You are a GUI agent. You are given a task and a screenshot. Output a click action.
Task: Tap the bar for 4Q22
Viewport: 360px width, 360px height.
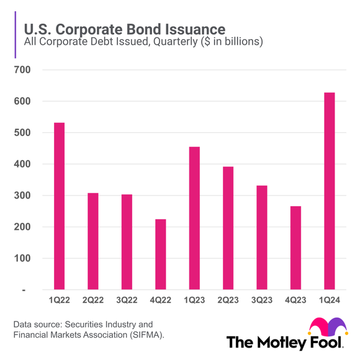pos(160,254)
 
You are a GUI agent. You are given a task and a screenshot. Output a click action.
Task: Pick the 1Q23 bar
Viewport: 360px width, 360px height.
pos(194,218)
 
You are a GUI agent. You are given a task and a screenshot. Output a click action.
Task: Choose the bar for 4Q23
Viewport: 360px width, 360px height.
pos(296,248)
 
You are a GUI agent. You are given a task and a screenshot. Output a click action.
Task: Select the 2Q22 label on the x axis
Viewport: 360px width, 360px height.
pos(92,300)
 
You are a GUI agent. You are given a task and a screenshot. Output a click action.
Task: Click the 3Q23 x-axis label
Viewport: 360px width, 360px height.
pos(262,300)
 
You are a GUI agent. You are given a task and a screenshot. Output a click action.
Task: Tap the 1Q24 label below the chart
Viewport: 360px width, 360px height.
pos(330,300)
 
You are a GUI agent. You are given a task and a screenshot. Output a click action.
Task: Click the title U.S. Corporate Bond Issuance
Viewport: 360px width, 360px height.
pos(124,29)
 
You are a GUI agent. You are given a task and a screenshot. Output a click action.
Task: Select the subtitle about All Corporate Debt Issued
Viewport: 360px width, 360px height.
pos(143,42)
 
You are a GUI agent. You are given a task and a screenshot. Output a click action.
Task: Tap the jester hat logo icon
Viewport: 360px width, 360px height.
pos(328,326)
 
